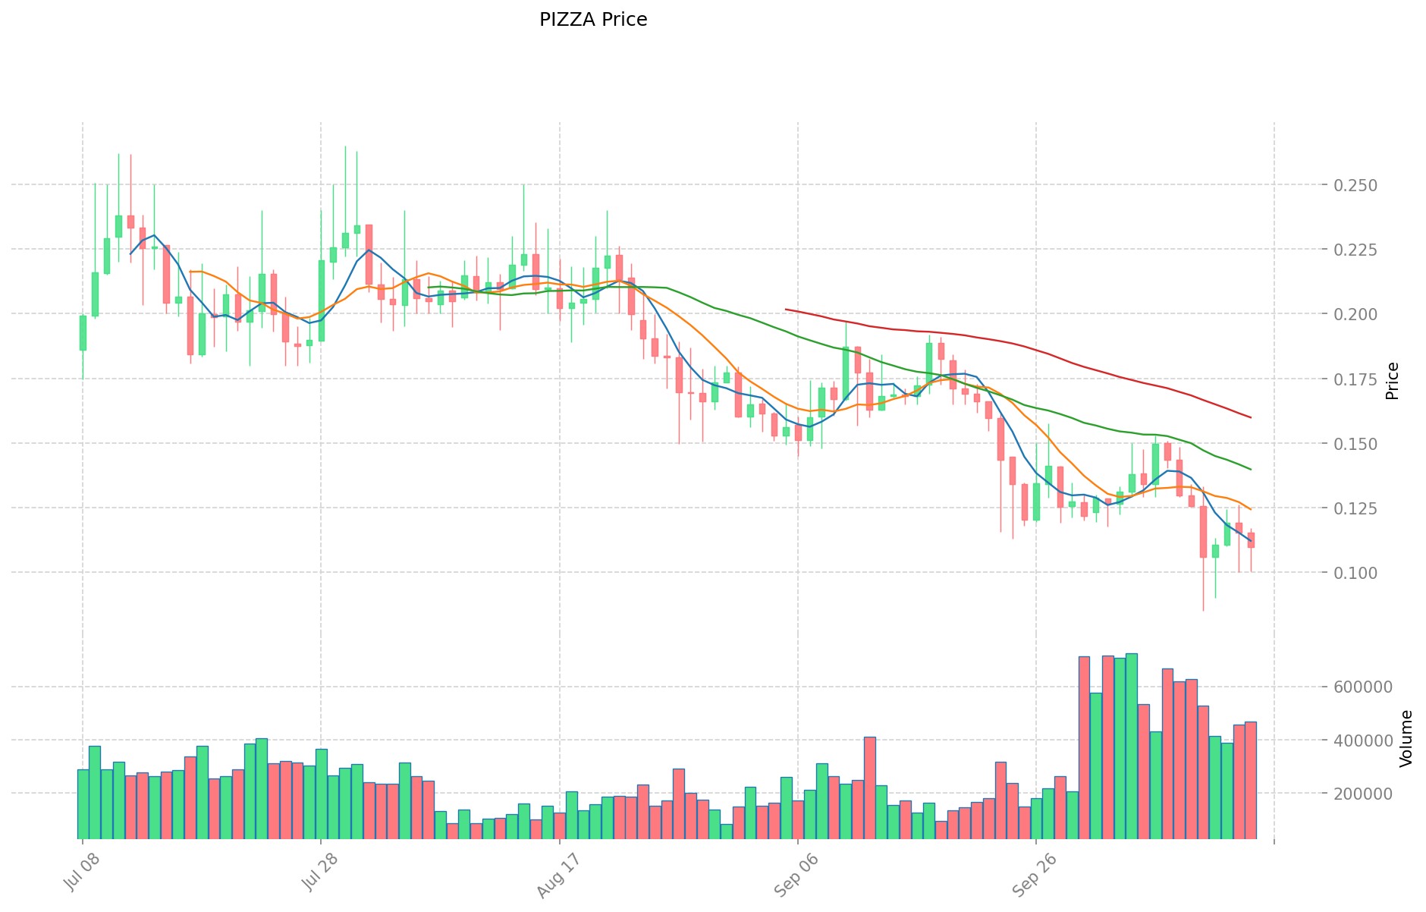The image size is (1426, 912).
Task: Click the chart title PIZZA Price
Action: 593,20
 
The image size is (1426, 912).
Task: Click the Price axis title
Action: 1392,381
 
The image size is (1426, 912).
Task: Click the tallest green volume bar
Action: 1132,746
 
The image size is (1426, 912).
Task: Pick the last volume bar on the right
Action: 1251,780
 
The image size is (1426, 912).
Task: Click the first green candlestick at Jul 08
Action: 83,333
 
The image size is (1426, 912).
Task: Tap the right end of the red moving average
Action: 1251,417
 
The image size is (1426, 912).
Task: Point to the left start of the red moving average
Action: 786,310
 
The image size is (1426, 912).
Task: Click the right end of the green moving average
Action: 1251,470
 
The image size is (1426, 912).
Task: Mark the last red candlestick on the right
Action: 1251,540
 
